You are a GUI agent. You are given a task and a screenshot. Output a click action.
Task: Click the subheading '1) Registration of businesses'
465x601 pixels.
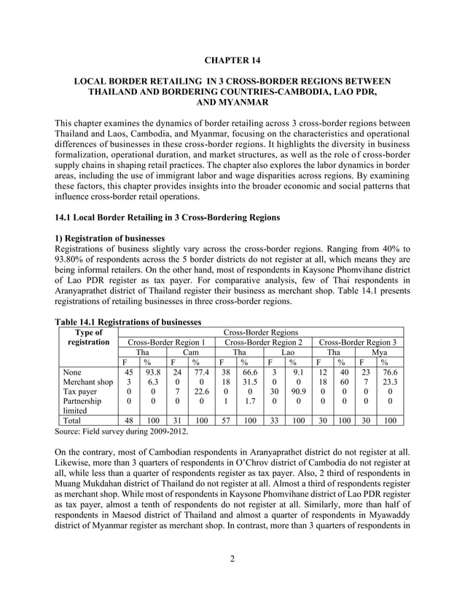pyautogui.click(x=109, y=239)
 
